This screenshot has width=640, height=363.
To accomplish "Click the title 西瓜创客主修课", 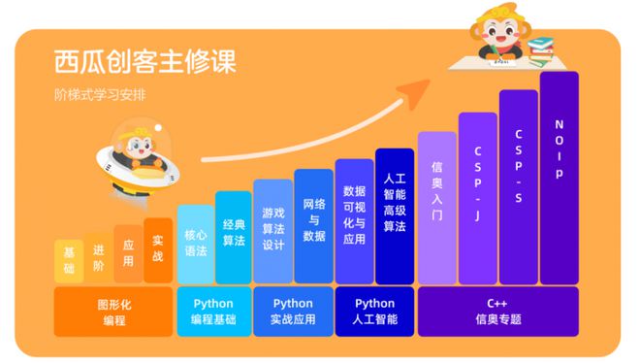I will tap(145, 61).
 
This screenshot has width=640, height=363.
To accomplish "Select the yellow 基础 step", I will tap(69, 259).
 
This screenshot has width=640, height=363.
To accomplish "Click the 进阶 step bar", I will tap(98, 256).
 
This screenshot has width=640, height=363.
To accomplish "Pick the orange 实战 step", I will tap(158, 249).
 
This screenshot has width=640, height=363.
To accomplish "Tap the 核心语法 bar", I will tap(195, 244).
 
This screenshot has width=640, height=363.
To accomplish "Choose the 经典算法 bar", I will tap(233, 238).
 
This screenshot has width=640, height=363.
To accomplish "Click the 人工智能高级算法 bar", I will tap(395, 215).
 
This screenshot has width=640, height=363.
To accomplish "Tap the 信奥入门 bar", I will tap(436, 207).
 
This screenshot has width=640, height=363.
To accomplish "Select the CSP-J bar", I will tap(477, 198).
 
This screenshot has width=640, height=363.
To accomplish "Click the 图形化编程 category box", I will tap(113, 312).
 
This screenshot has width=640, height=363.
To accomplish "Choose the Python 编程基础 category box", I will tap(213, 312).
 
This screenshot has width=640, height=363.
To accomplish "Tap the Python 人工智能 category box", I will tap(374, 312).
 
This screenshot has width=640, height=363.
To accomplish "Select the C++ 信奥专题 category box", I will tap(497, 312).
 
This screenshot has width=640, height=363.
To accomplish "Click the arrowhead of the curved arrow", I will tap(419, 90).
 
